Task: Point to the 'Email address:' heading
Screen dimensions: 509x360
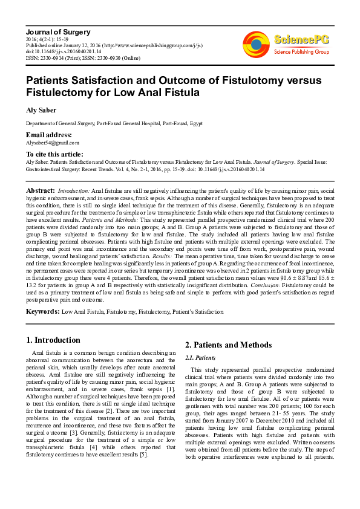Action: click(49, 134)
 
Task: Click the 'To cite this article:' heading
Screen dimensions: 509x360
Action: click(54, 154)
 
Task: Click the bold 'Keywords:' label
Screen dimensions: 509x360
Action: click(42, 311)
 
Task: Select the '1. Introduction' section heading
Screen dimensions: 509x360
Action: click(54, 340)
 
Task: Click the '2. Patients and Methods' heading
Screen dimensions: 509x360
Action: click(228, 345)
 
